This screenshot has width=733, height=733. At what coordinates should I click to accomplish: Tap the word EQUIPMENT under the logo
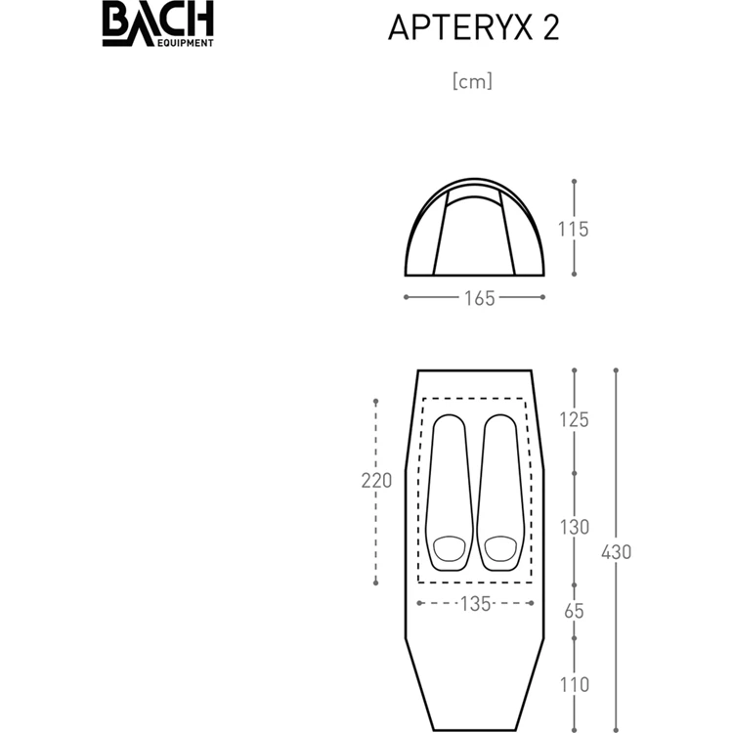pos(184,43)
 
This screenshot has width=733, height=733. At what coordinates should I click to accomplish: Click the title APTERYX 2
pos(473,27)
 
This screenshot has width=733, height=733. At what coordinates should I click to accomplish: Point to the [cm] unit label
pos(473,81)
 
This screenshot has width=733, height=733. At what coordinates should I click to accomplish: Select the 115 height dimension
pos(574,230)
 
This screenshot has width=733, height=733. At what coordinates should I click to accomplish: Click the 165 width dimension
pos(474,298)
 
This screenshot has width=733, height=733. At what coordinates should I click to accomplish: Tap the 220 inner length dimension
pos(376,480)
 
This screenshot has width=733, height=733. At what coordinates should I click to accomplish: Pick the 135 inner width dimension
pos(474,604)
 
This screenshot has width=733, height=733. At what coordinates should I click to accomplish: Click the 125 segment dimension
pos(574,419)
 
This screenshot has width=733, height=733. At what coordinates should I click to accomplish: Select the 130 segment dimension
pos(574,527)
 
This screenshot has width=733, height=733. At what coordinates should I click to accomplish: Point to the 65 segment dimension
pos(574,612)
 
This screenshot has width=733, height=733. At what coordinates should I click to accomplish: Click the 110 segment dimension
pos(574,684)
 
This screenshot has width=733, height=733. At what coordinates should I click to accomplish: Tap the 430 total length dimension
pos(617,551)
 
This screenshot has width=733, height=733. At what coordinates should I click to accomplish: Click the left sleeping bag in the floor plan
pos(449,494)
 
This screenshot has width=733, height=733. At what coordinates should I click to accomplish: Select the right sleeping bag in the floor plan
pos(499,494)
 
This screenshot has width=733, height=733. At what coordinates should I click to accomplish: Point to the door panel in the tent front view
pos(474,235)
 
